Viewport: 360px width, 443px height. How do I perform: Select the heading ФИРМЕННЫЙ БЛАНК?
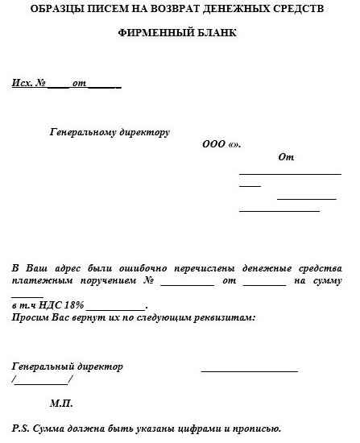(x=180, y=35)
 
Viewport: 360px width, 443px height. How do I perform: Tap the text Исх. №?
(x=28, y=84)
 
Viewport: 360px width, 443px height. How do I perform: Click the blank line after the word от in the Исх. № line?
(x=105, y=85)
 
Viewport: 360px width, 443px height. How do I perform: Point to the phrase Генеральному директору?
(x=110, y=131)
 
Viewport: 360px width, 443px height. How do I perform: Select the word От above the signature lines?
(x=285, y=157)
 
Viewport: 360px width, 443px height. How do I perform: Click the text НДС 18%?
(x=62, y=306)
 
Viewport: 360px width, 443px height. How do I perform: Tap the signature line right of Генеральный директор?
(x=249, y=371)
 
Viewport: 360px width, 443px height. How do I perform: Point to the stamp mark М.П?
(x=61, y=402)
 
